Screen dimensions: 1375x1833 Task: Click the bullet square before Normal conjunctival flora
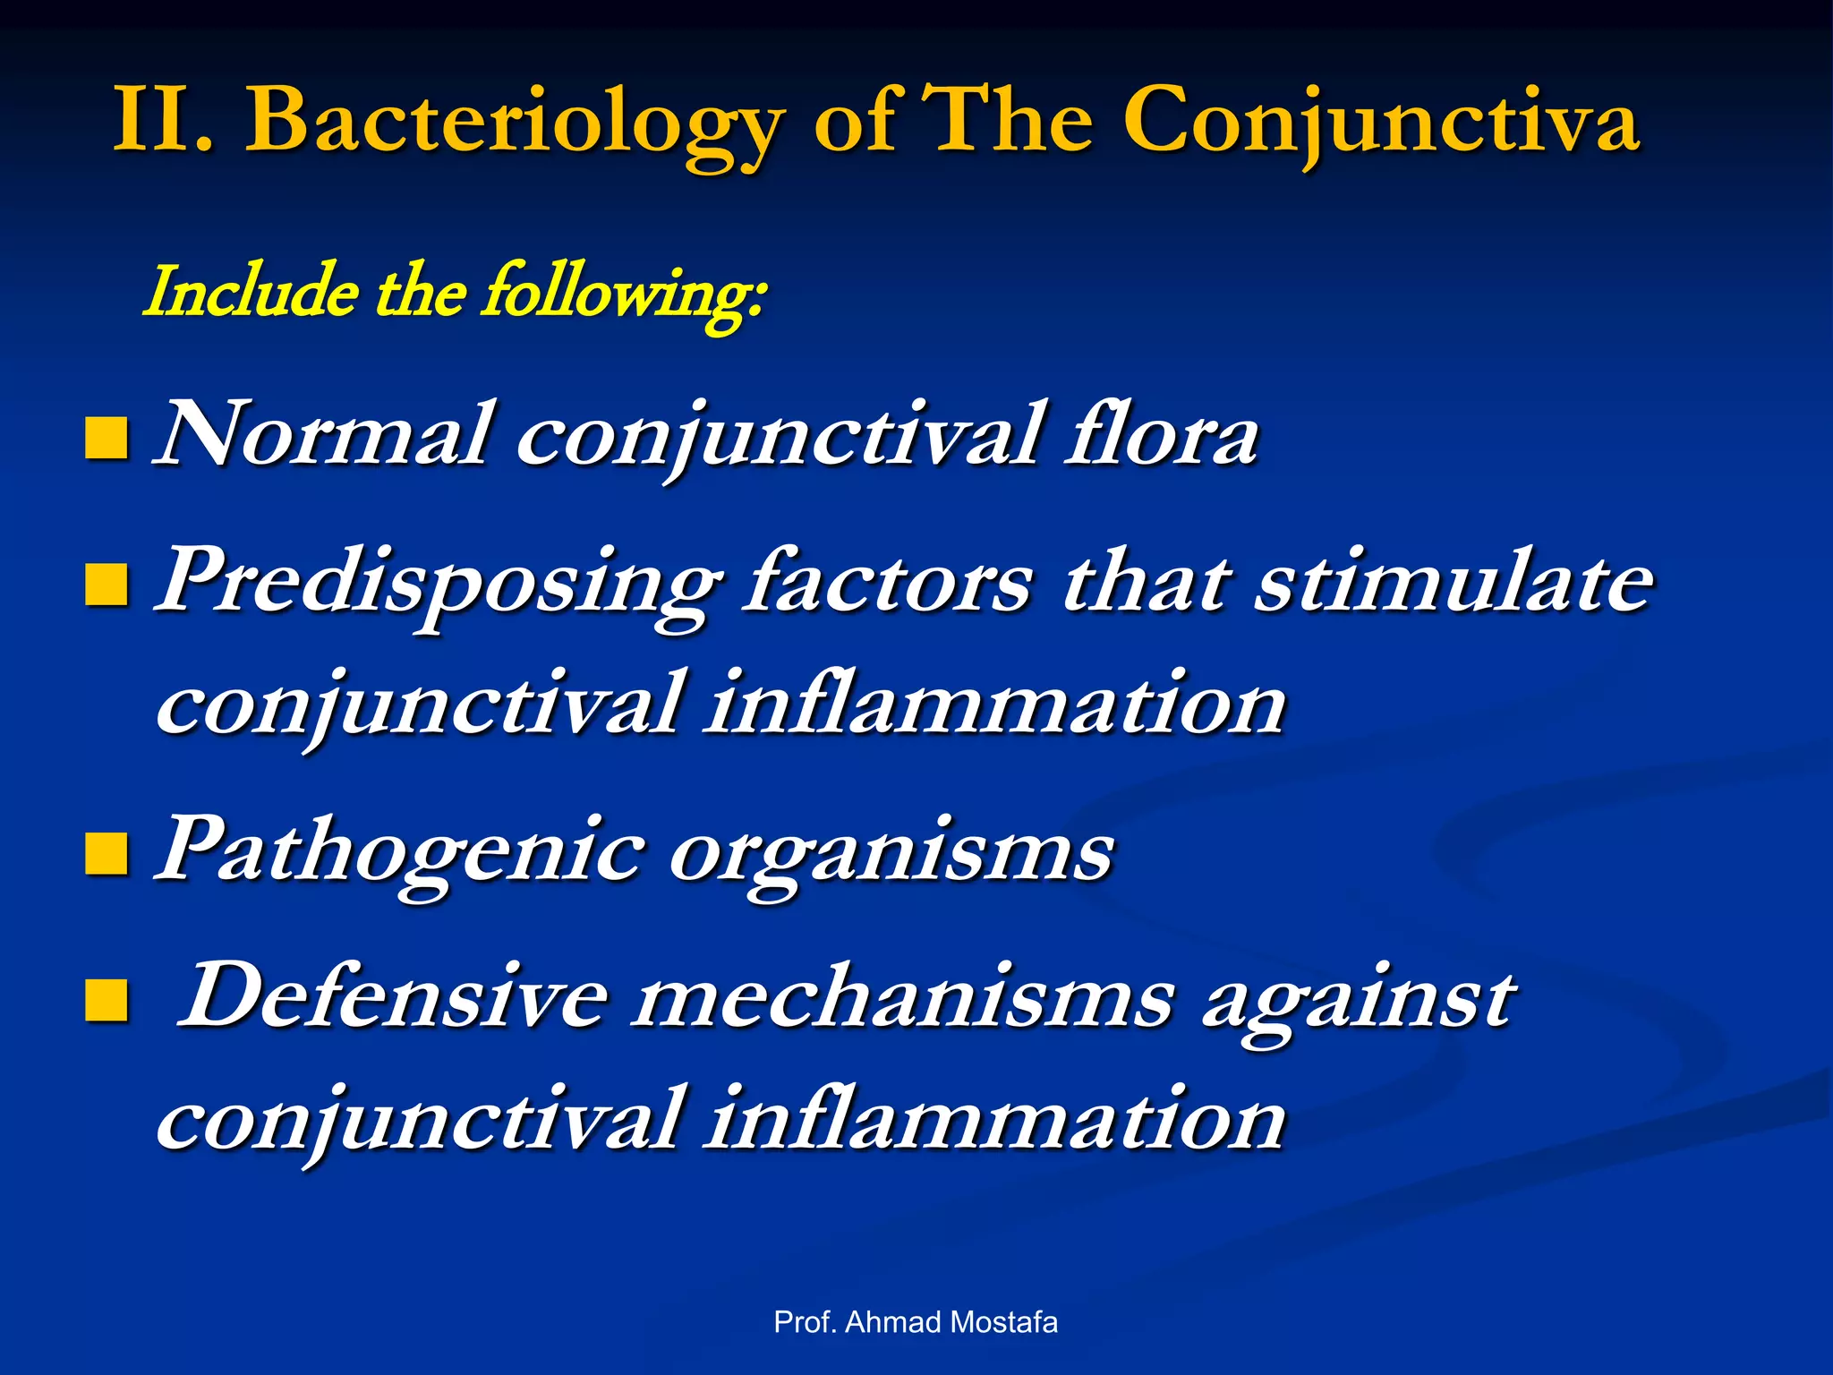click(106, 439)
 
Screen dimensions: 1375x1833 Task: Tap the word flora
click(1162, 437)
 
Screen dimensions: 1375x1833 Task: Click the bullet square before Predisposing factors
click(106, 585)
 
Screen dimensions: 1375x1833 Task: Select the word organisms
click(891, 855)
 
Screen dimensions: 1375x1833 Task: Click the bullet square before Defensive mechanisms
click(106, 1000)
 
